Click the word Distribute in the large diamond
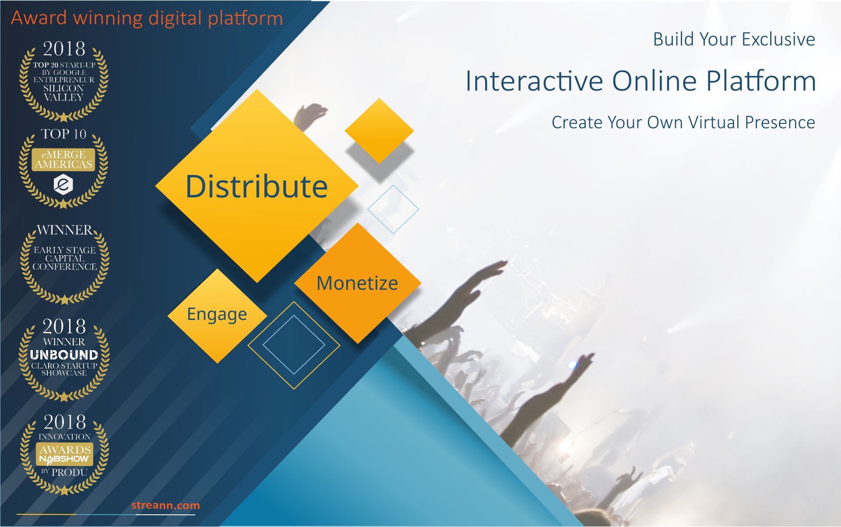point(257,186)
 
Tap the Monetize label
point(357,283)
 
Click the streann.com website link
point(165,505)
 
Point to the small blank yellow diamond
point(379,130)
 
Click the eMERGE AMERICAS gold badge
point(63,159)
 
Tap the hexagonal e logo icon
point(63,184)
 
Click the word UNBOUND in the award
point(64,355)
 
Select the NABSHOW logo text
point(64,459)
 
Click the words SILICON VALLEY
point(64,93)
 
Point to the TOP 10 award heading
point(64,134)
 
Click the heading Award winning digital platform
point(147,18)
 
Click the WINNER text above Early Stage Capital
point(65,230)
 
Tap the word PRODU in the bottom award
point(70,473)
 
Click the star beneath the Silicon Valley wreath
point(64,117)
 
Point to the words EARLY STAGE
point(65,250)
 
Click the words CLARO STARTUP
point(64,365)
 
